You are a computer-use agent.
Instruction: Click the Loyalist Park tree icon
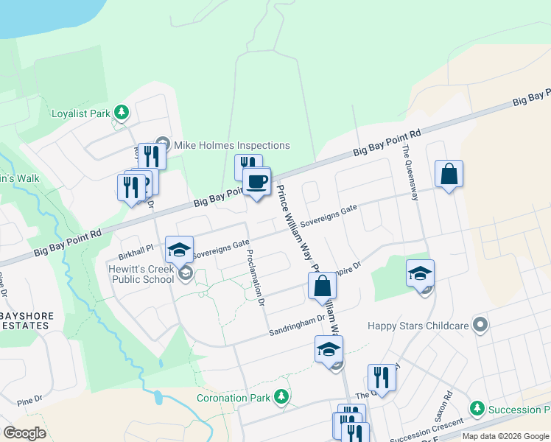[x=122, y=113]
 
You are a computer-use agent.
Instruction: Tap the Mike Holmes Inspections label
[x=231, y=145]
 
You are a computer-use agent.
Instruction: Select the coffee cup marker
[x=256, y=181]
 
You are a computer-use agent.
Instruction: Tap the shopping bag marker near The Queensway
[x=449, y=175]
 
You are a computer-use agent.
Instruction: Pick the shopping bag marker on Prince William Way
[x=322, y=286]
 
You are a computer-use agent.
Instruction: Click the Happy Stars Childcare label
[x=418, y=325]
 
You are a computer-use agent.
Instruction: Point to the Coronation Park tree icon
[x=280, y=398]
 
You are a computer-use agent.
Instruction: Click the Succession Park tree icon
[x=477, y=409]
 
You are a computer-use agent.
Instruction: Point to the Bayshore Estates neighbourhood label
[x=27, y=320]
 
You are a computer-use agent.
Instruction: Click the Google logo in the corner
[x=24, y=433]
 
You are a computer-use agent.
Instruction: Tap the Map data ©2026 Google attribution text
[x=505, y=436]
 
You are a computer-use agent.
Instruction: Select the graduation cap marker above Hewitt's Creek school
[x=179, y=250]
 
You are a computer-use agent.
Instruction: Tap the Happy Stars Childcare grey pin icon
[x=481, y=324]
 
